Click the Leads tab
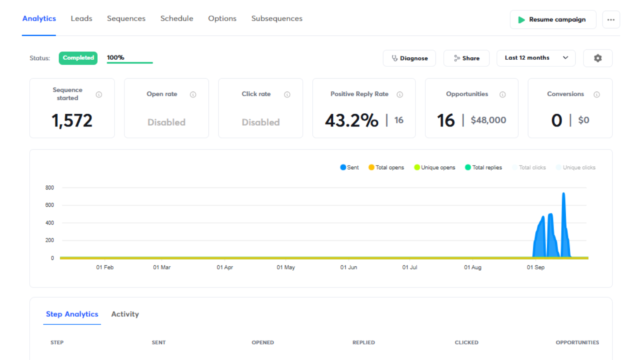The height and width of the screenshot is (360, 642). [x=81, y=19]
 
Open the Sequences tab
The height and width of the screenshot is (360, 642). [x=126, y=19]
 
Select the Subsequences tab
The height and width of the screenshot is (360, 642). [x=276, y=19]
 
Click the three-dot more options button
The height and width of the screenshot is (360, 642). [x=611, y=20]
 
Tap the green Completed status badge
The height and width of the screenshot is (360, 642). [x=78, y=58]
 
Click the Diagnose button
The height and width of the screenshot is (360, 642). [x=409, y=58]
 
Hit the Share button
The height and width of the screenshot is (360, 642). [x=466, y=58]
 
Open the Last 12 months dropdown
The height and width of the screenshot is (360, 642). [x=536, y=58]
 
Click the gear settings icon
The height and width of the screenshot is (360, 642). [x=597, y=58]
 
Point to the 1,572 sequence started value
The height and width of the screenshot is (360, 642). [x=72, y=121]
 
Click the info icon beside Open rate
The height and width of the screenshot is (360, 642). [x=193, y=95]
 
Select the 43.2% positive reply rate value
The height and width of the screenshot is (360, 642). [x=351, y=121]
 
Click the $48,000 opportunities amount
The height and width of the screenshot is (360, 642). [x=488, y=120]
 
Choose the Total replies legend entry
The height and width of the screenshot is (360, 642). [x=483, y=168]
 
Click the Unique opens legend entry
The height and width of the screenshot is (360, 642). [x=435, y=168]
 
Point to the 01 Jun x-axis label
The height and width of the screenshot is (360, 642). [x=349, y=267]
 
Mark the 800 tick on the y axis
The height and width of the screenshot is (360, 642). [x=49, y=188]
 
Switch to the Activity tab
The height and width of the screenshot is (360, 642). [x=125, y=314]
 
